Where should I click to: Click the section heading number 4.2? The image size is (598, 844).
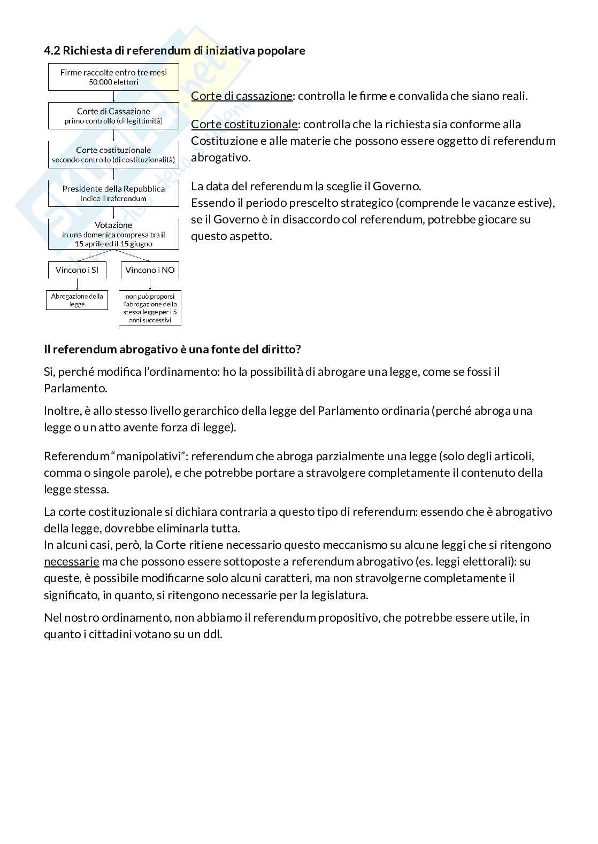[x=52, y=51]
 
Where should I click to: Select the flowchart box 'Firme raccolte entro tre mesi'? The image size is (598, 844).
[x=113, y=78]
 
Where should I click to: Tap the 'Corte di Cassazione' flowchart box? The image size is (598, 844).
[x=113, y=116]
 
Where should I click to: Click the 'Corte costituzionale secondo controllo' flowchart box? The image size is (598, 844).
[x=113, y=154]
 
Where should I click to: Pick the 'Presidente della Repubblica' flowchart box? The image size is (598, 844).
[x=113, y=193]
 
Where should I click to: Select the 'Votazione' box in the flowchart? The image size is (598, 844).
[x=113, y=234]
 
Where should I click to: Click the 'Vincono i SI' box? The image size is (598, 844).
[x=77, y=270]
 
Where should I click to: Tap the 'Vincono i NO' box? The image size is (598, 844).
[x=150, y=270]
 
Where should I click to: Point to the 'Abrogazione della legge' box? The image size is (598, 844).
[x=77, y=300]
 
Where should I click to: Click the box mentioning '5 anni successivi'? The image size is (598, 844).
[x=150, y=308]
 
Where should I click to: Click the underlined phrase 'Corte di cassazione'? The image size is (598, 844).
[x=242, y=96]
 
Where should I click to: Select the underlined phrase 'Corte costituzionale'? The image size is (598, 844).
[x=244, y=125]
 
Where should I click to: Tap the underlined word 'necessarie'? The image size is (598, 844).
[x=71, y=562]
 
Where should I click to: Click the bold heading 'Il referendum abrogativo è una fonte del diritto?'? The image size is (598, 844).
[x=172, y=350]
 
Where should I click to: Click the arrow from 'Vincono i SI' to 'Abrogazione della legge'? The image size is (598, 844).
[x=77, y=284]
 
